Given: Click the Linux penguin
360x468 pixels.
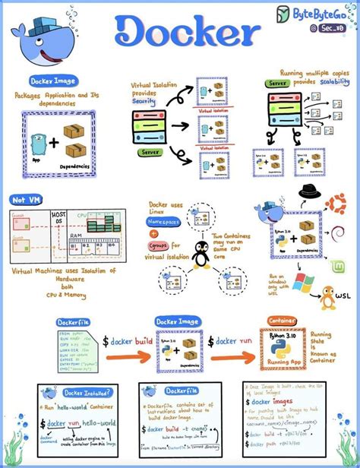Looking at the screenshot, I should pos(201,255).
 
